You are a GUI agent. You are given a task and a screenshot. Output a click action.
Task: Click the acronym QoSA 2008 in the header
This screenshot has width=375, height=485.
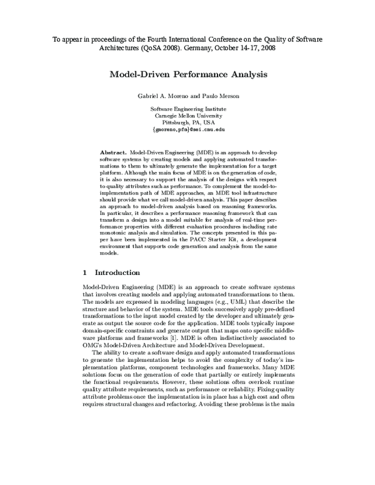(x=131, y=47)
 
